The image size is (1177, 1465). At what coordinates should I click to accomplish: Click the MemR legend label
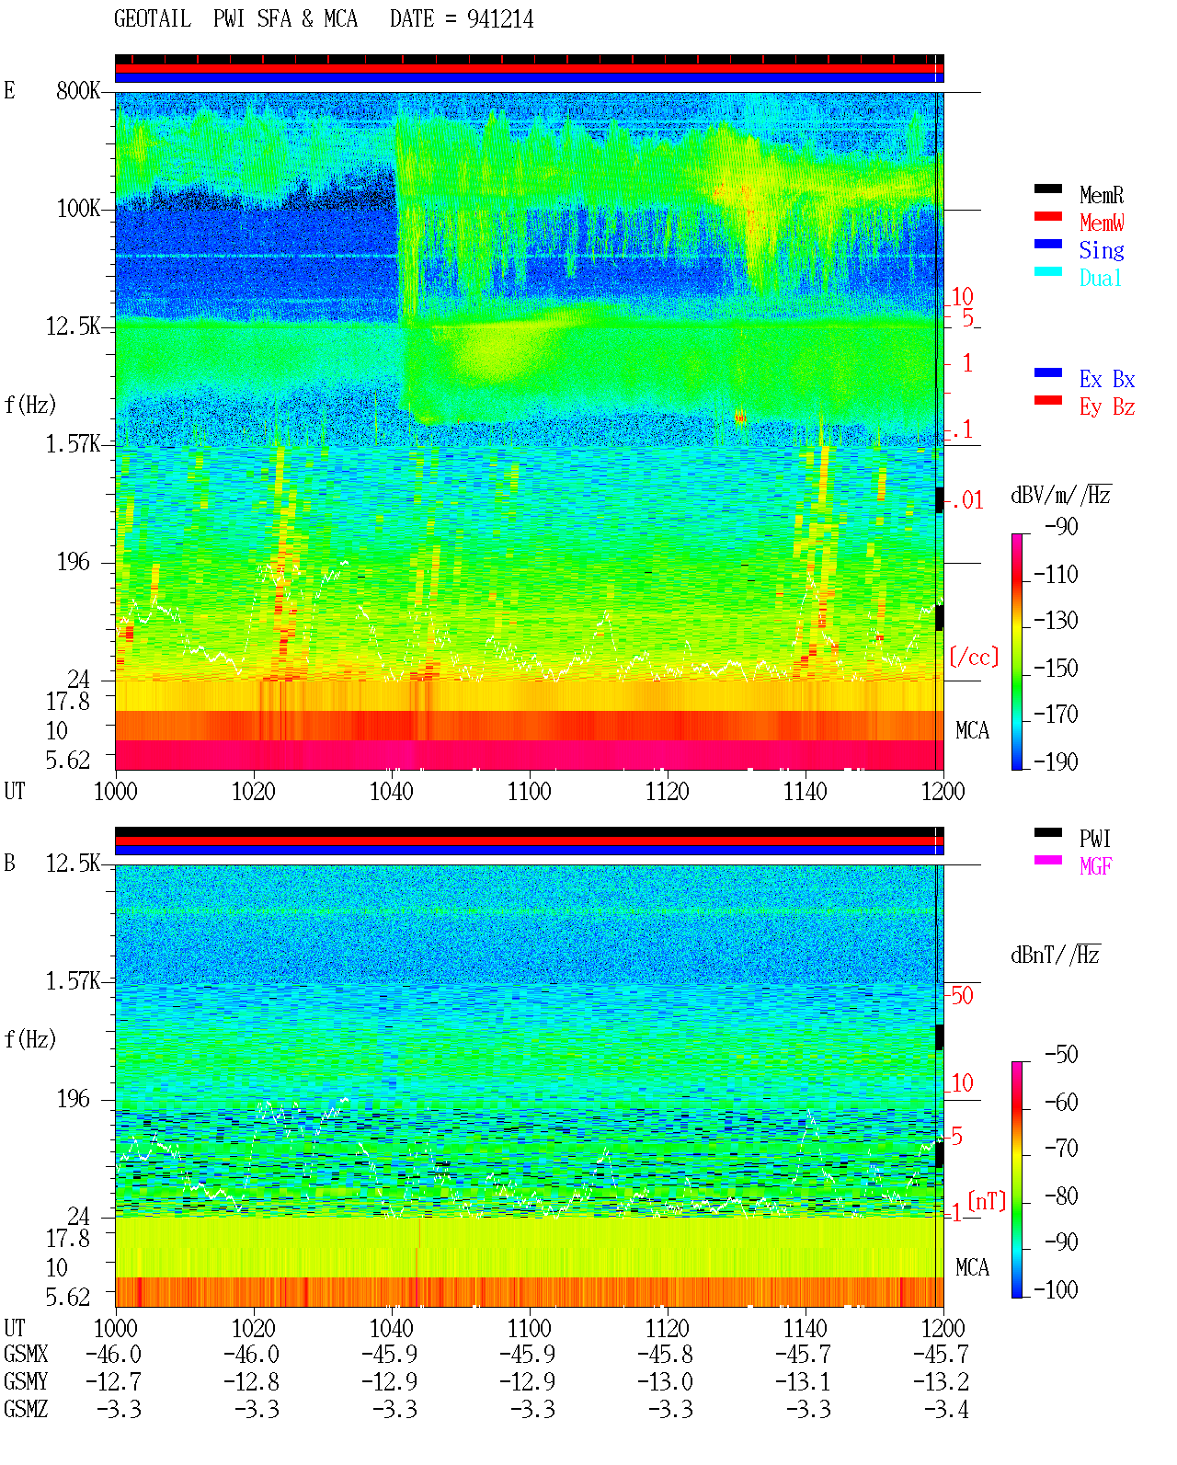click(x=1101, y=195)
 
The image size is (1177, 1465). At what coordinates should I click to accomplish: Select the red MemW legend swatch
click(x=1047, y=216)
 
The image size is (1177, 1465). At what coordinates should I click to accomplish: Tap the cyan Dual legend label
click(x=1100, y=278)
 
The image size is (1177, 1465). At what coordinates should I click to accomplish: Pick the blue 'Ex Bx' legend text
click(x=1106, y=379)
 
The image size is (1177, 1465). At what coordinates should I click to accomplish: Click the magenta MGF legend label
click(x=1095, y=866)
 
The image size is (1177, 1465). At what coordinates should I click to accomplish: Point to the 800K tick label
click(x=78, y=90)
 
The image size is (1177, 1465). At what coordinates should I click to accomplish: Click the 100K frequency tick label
click(x=78, y=209)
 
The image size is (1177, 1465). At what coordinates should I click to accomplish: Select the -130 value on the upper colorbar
click(x=1056, y=621)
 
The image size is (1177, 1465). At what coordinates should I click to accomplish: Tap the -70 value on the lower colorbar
click(x=1061, y=1149)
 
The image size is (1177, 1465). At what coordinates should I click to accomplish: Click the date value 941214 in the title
click(x=499, y=19)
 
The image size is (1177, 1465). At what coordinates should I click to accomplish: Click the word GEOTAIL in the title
click(x=153, y=19)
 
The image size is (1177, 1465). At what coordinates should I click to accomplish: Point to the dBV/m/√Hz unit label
click(x=1060, y=495)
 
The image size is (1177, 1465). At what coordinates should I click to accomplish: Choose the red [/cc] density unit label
click(x=974, y=657)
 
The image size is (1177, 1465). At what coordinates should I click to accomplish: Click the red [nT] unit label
click(x=987, y=1201)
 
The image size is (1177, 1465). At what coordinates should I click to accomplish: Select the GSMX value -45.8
click(x=665, y=1355)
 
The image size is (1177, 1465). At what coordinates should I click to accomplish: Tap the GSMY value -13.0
click(x=665, y=1382)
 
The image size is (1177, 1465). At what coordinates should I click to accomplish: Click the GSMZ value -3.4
click(x=946, y=1409)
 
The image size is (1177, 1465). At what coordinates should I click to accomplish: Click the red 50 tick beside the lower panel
click(x=962, y=996)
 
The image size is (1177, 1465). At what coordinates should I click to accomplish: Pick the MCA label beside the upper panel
click(x=972, y=731)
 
